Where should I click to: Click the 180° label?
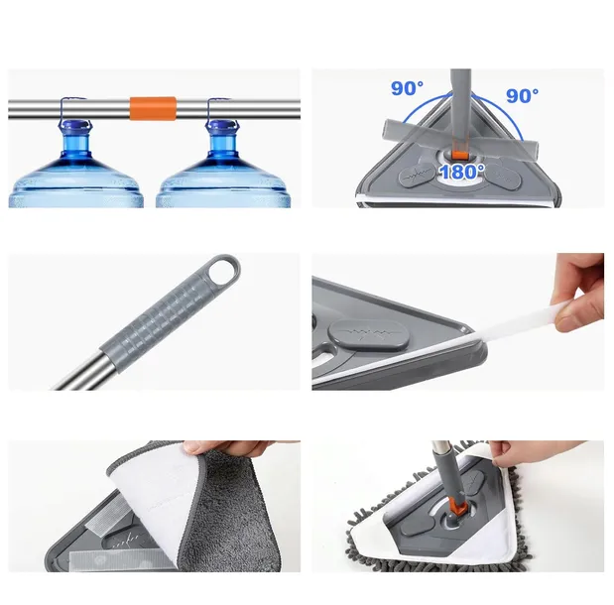coord(461,172)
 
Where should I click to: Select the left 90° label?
coord(406,89)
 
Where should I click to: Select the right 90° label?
coord(522,95)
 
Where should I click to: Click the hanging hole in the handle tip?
coord(222,268)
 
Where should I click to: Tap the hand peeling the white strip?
coord(579,293)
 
